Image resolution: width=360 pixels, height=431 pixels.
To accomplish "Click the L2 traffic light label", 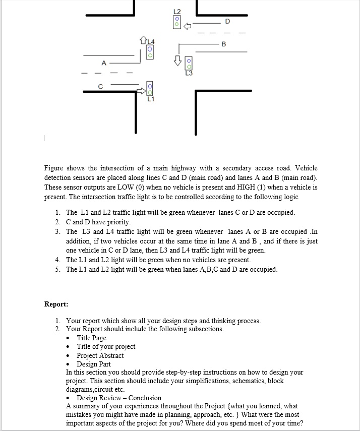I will click(176, 11).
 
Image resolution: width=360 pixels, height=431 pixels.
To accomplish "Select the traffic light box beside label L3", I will click(189, 63).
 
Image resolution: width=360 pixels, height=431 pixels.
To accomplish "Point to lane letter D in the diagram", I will click(227, 21).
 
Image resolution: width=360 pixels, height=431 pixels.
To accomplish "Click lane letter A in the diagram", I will click(103, 64).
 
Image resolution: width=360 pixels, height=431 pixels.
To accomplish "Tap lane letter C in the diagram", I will click(100, 86).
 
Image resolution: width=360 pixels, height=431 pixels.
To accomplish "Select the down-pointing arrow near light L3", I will click(177, 60).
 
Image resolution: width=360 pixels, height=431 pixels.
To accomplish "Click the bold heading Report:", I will click(56, 304).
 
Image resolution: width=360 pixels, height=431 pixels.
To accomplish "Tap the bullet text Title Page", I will click(91, 338).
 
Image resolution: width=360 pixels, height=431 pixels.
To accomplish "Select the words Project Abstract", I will click(100, 355).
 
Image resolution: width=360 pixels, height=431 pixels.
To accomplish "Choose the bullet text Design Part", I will click(93, 364).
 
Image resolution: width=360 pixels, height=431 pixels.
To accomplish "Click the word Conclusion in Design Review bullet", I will click(145, 398).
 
